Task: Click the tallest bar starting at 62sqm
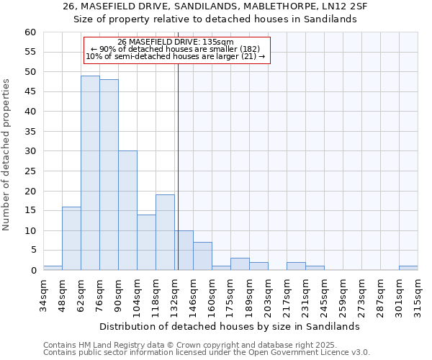click(x=90, y=173)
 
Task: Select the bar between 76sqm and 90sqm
click(x=109, y=175)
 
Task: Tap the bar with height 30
click(x=127, y=210)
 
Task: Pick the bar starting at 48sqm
click(x=71, y=238)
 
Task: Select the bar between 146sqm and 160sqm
click(x=202, y=256)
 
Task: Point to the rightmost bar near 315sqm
click(x=408, y=268)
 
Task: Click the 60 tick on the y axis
click(x=30, y=32)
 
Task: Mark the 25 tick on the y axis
click(x=30, y=171)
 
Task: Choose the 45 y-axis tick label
click(x=30, y=92)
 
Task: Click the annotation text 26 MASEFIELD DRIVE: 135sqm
click(x=176, y=42)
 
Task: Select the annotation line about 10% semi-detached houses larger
click(x=176, y=56)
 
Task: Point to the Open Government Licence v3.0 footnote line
click(x=207, y=353)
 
